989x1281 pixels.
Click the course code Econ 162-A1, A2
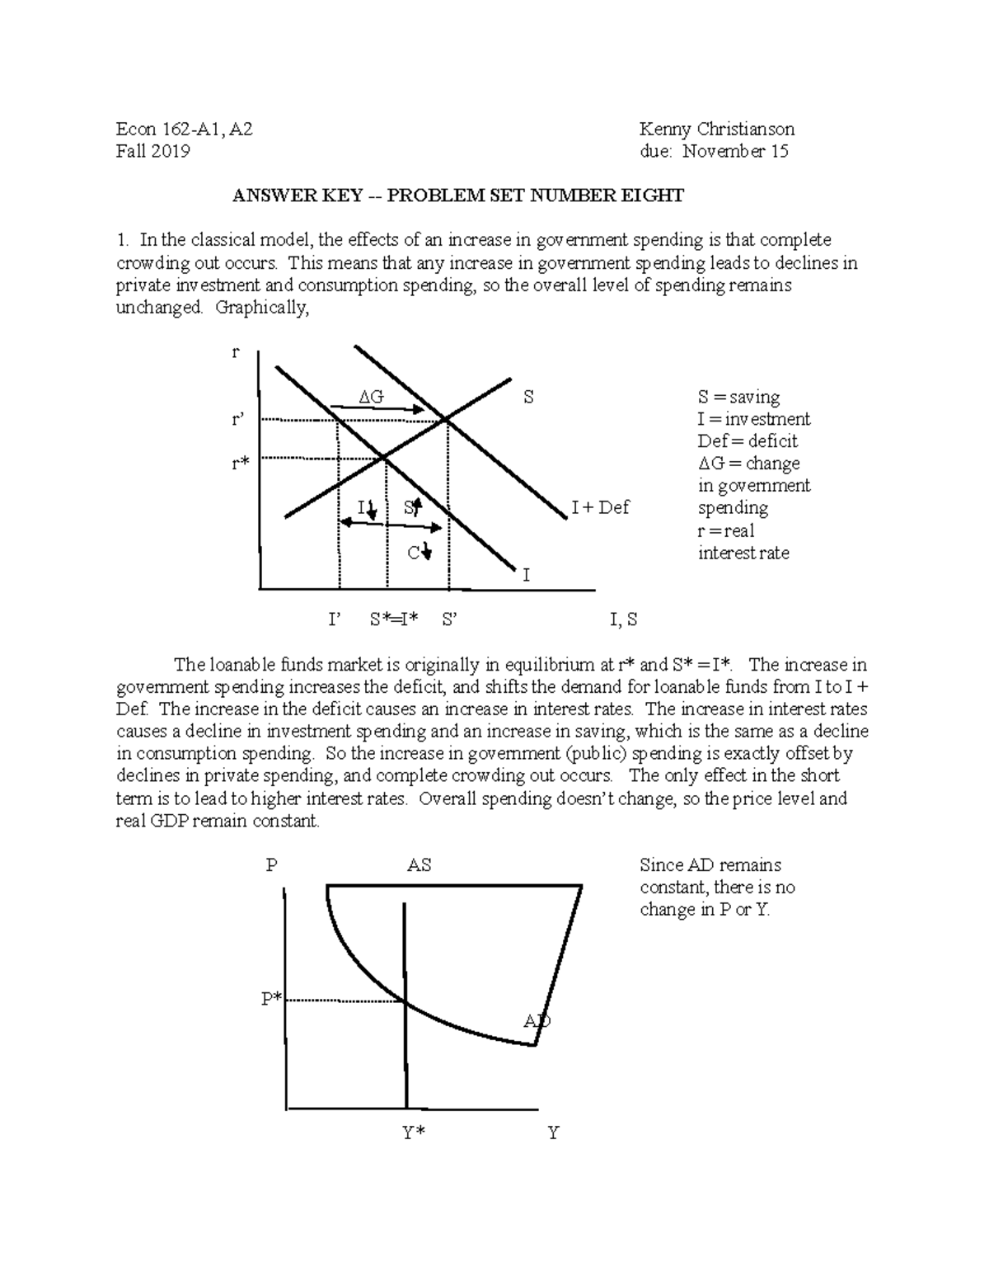click(185, 129)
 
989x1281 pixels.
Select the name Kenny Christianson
click(717, 129)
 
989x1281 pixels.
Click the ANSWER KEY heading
click(457, 195)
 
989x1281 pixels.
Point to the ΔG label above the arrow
click(371, 397)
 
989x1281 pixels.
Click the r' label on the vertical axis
click(239, 420)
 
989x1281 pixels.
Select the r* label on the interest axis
click(240, 464)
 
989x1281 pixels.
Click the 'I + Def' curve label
click(600, 508)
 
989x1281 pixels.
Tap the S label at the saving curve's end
click(528, 398)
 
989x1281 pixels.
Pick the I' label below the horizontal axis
click(334, 619)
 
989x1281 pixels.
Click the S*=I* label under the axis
click(395, 619)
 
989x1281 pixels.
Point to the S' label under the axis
click(449, 619)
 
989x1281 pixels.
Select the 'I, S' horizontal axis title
click(623, 619)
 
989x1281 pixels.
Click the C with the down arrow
click(419, 552)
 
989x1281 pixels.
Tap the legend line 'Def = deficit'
click(747, 441)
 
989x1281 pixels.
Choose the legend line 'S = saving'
click(738, 397)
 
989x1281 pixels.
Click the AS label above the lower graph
click(419, 865)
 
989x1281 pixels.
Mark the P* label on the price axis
click(272, 999)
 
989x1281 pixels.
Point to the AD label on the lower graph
click(537, 1021)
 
